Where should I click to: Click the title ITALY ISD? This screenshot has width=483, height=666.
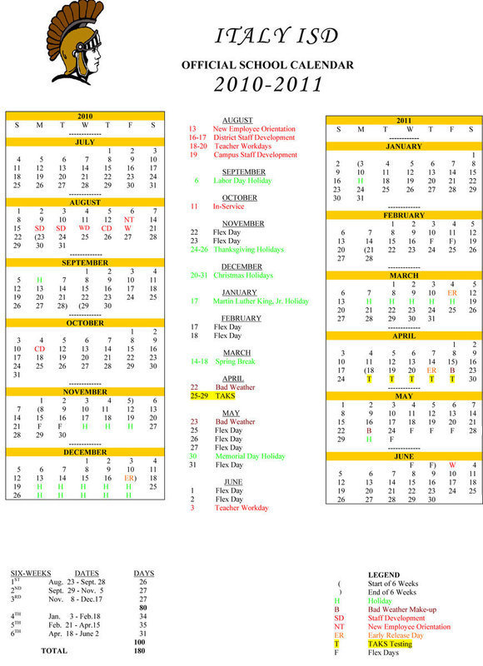(x=277, y=36)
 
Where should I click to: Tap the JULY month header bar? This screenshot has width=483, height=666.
(x=85, y=142)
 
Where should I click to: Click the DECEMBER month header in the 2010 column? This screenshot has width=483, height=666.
(x=85, y=452)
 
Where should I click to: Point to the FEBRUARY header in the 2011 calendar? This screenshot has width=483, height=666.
(x=405, y=216)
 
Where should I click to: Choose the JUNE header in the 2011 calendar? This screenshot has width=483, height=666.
(x=405, y=457)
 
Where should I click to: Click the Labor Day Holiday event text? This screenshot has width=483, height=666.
(x=242, y=180)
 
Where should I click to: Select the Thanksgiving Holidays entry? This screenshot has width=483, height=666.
(x=248, y=249)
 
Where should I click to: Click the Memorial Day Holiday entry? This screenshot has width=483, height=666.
(x=249, y=456)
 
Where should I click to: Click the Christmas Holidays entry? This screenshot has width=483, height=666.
(x=247, y=275)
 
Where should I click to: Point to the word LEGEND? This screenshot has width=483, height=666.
(x=383, y=574)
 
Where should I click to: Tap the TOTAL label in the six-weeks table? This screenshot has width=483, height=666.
(x=54, y=650)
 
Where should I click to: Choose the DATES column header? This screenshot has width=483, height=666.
(x=87, y=574)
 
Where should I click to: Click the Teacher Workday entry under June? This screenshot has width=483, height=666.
(x=242, y=507)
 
